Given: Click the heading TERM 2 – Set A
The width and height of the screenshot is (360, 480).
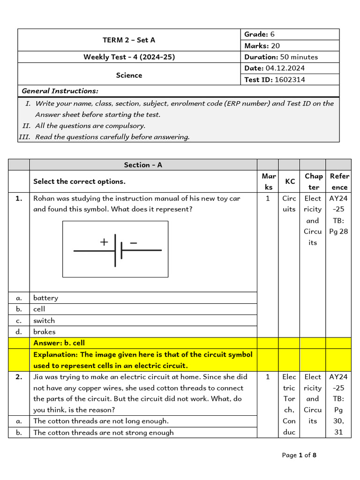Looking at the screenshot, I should click(129, 40).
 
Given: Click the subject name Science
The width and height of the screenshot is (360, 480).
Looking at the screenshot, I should click(129, 75).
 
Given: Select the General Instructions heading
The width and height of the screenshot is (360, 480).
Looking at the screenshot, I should click(60, 91).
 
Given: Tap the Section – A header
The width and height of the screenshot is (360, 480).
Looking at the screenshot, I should click(143, 165).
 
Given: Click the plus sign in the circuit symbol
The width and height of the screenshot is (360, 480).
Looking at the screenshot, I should click(104, 242).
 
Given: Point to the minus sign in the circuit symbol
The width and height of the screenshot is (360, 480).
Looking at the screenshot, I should click(134, 242).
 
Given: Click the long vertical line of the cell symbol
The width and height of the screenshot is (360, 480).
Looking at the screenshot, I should click(115, 251).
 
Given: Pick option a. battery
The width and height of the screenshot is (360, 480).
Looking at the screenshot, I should click(45, 298).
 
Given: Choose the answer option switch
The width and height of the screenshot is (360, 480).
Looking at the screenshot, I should click(44, 321).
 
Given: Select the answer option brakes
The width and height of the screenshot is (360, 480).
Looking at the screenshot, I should click(44, 332).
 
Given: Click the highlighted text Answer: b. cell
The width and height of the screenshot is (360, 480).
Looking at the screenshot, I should click(59, 343).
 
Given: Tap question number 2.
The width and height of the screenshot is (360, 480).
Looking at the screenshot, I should click(19, 377).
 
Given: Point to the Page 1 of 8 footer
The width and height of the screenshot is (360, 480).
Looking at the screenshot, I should click(299, 455).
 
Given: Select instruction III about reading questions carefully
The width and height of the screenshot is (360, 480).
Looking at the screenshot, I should click(112, 137).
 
